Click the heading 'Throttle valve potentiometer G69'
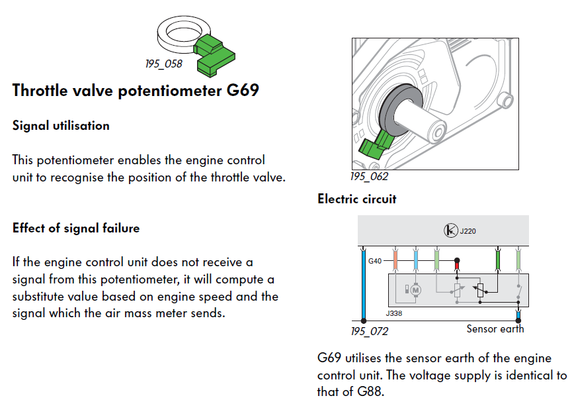click(x=135, y=90)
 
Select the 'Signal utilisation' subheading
click(x=61, y=125)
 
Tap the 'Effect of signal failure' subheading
click(x=76, y=228)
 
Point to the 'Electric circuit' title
click(x=356, y=199)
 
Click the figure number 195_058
click(x=163, y=64)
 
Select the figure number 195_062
click(x=369, y=177)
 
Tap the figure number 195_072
click(x=369, y=331)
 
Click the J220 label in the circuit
click(x=468, y=231)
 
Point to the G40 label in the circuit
click(x=375, y=262)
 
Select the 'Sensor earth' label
click(x=495, y=328)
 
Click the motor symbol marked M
click(x=416, y=289)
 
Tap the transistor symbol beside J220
click(x=451, y=231)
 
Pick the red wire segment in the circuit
click(x=456, y=267)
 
